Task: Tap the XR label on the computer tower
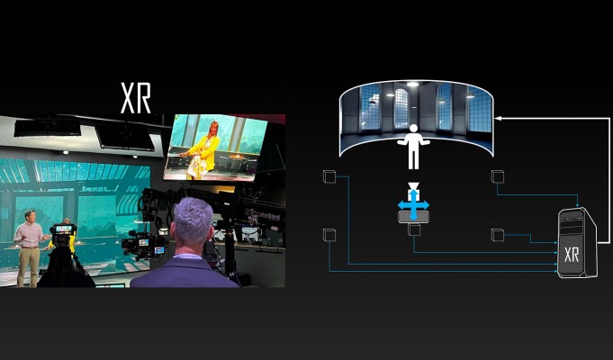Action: pyautogui.click(x=572, y=255)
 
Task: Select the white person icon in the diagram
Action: pyautogui.click(x=413, y=147)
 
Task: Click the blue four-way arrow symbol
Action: pyautogui.click(x=413, y=205)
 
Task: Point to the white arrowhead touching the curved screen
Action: pyautogui.click(x=497, y=117)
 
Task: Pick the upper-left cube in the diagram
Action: pyautogui.click(x=329, y=176)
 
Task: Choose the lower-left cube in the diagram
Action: pyautogui.click(x=329, y=235)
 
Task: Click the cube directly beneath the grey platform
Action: pyautogui.click(x=414, y=229)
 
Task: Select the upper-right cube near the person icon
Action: pyautogui.click(x=497, y=176)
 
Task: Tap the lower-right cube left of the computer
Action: pyautogui.click(x=497, y=235)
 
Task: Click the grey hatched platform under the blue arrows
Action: pyautogui.click(x=413, y=217)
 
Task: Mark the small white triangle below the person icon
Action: pyautogui.click(x=413, y=185)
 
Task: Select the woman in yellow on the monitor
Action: pyautogui.click(x=202, y=150)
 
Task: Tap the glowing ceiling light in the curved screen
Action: pyautogui.click(x=412, y=84)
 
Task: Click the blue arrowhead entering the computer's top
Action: pyautogui.click(x=578, y=205)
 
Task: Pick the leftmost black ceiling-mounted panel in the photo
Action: pyautogui.click(x=48, y=128)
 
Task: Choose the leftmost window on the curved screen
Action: pyautogui.click(x=370, y=107)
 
